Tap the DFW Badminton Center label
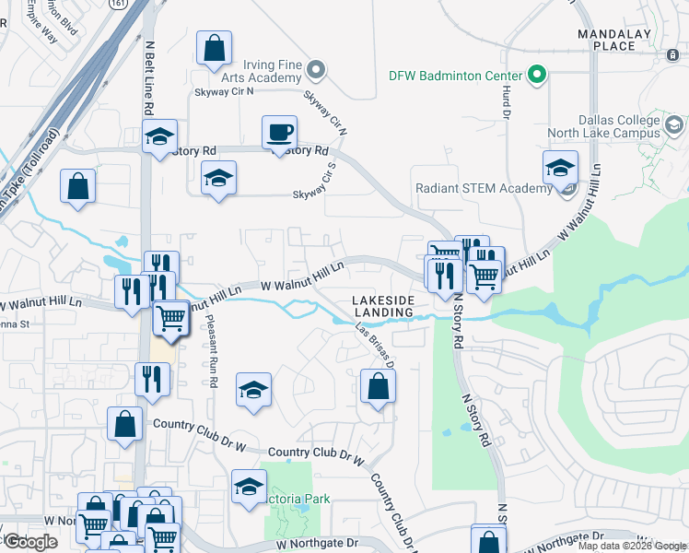[456, 76]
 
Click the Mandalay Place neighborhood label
[614, 40]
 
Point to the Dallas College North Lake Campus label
[617, 126]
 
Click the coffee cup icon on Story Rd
[279, 132]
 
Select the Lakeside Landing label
[383, 306]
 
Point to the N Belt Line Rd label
[147, 78]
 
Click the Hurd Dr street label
[506, 102]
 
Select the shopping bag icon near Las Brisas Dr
[378, 386]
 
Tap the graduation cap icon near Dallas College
[559, 168]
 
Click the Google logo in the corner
[30, 542]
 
